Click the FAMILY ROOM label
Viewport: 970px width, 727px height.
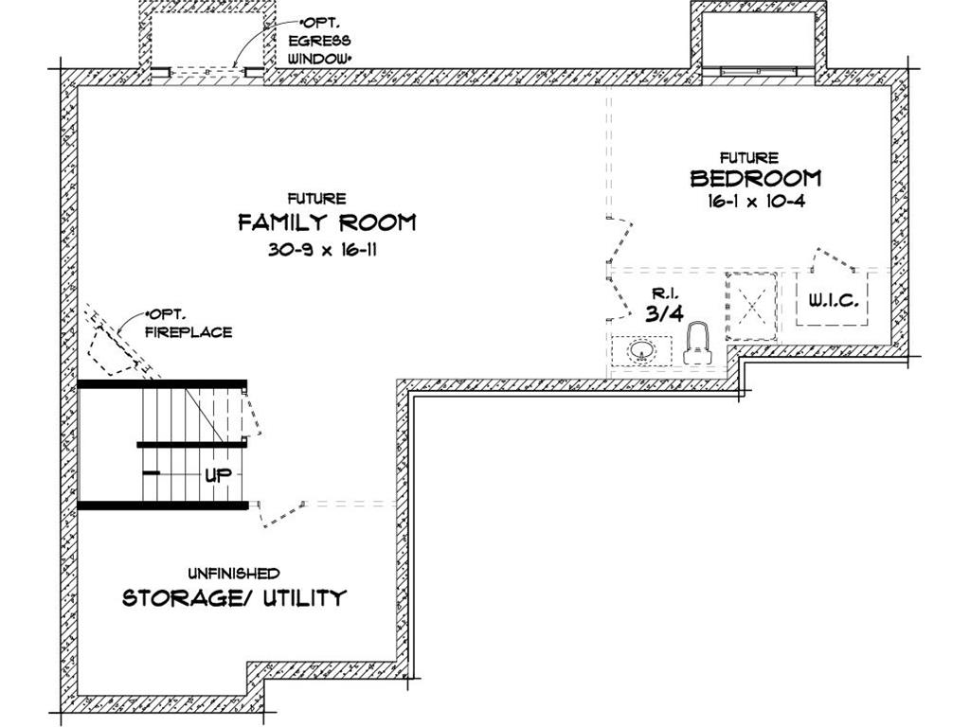tap(326, 223)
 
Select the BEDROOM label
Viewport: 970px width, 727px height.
tap(755, 178)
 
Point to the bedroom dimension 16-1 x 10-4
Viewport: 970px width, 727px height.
tap(755, 201)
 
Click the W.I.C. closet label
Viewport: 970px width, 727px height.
tap(833, 301)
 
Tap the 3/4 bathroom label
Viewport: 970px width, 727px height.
tap(664, 313)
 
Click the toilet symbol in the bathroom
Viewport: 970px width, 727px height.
tap(698, 343)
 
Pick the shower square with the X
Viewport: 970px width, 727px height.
tap(751, 305)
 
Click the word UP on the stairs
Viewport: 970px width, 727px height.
tap(218, 475)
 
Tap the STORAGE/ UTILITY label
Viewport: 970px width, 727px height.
tap(234, 598)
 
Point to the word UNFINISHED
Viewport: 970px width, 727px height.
tap(233, 574)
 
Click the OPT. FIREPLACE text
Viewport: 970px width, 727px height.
tap(188, 324)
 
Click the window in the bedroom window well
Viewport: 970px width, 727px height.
tap(759, 71)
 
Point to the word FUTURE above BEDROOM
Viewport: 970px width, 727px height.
tap(748, 158)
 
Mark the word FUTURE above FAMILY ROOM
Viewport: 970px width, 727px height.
tap(316, 199)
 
